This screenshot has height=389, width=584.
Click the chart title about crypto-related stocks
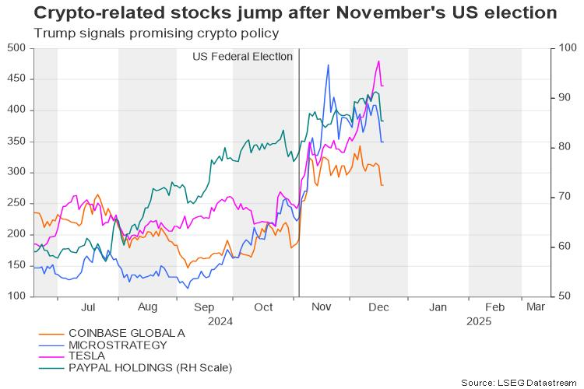coord(284,14)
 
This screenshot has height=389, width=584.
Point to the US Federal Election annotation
coord(242,57)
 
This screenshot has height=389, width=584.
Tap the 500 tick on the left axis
coord(17,48)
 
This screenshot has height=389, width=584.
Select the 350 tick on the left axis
coord(17,142)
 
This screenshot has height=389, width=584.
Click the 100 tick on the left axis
coord(17,296)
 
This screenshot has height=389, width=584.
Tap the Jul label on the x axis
coord(88,307)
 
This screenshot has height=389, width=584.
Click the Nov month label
coord(322,307)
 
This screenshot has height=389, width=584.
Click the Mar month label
coord(536,307)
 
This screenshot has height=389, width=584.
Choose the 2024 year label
coord(221,320)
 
